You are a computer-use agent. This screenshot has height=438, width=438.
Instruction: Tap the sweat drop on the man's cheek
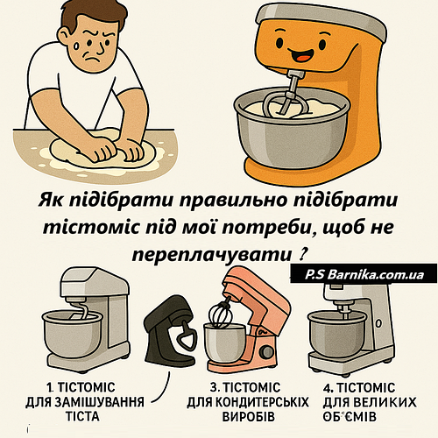point(76,46)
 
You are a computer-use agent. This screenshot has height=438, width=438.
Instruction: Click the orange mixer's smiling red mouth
point(303,55)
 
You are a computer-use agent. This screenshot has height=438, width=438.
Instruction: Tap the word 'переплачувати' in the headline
point(213,255)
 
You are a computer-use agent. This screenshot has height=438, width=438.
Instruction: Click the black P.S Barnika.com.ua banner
point(364,274)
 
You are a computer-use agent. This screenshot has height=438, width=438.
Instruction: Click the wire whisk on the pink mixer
point(221,313)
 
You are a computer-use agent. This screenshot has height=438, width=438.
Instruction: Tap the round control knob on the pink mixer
point(266,350)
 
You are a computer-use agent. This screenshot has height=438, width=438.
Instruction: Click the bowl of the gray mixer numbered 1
point(72,333)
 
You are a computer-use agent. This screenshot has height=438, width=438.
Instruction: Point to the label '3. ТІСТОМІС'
point(245,388)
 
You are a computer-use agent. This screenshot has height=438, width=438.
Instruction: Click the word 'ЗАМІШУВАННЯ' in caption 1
point(102,402)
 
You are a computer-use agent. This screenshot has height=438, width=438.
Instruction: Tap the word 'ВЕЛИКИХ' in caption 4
point(385,402)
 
